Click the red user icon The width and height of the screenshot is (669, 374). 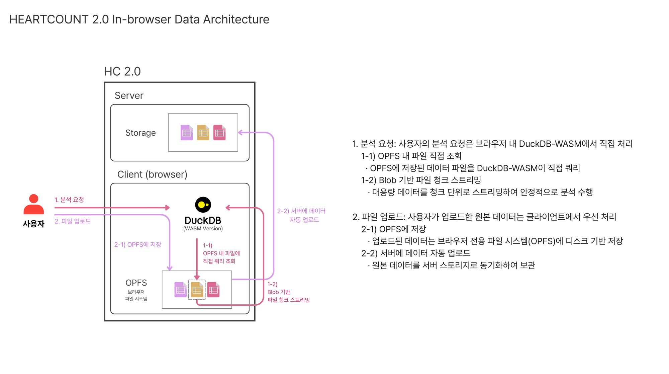pos(33,204)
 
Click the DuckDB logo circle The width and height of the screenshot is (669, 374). pos(203,205)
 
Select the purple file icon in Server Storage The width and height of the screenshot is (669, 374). pos(187,133)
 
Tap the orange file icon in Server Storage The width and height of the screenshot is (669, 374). pos(203,133)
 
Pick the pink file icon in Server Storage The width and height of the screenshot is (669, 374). pos(219,133)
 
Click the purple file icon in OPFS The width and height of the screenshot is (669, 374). pos(181,290)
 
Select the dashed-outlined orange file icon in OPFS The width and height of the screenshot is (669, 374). pos(197,290)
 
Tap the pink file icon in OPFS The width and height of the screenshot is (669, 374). pos(213,290)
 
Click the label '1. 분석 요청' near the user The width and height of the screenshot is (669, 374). pos(69,200)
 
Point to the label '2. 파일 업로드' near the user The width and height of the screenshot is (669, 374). pos(73,221)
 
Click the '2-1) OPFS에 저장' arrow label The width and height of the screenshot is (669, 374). pos(138,245)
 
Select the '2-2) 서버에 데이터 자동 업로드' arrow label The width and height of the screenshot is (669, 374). pos(301,215)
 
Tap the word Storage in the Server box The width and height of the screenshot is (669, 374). pos(140,133)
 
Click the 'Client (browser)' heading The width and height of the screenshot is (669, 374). pos(152,174)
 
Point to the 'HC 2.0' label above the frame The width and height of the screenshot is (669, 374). pos(122,71)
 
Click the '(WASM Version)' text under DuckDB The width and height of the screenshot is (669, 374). pos(203,229)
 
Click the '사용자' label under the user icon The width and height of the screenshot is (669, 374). pos(33,224)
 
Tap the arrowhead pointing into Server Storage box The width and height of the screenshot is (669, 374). pos(241,133)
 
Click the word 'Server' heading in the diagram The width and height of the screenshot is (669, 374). pos(129,96)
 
